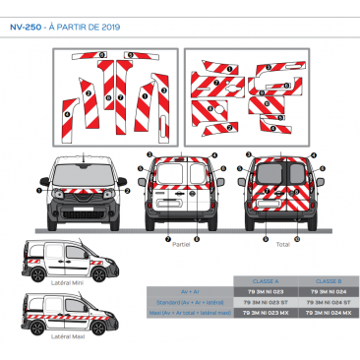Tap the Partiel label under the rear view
(180, 243)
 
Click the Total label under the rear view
(283, 243)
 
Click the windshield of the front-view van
(84, 168)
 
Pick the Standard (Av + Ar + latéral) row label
(187, 301)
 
